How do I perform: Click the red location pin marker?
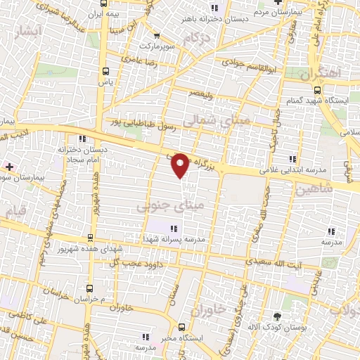point(181,165)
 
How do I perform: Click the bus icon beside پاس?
point(106,71)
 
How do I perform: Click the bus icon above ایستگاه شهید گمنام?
point(317,91)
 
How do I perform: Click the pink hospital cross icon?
point(8,166)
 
